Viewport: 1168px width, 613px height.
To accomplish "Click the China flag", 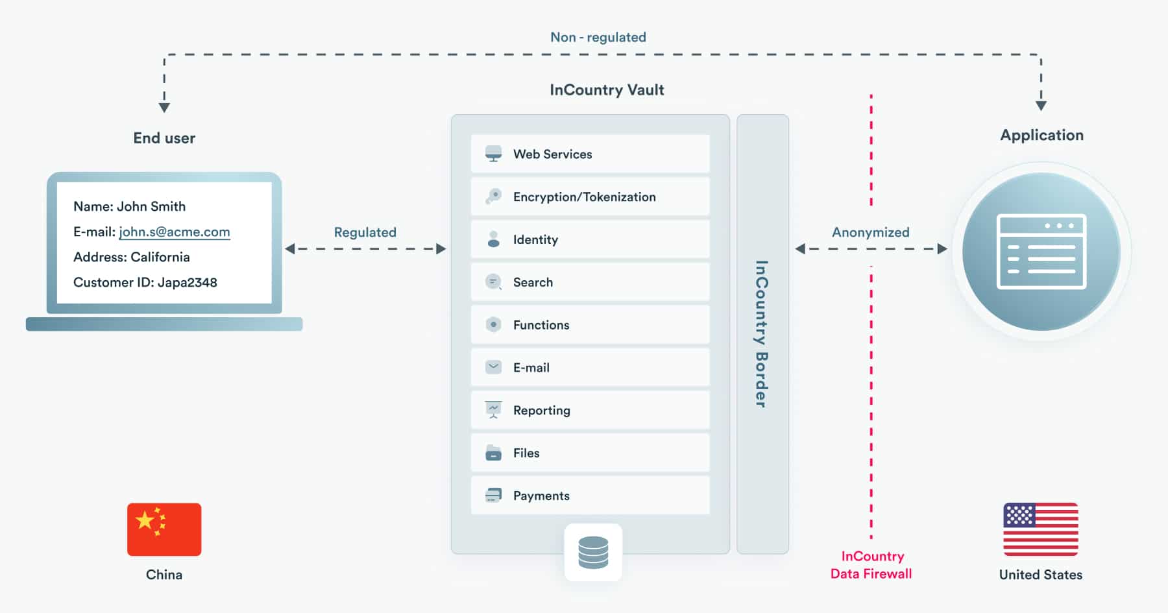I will pyautogui.click(x=164, y=529).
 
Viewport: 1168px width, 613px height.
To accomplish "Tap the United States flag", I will pyautogui.click(x=1041, y=529).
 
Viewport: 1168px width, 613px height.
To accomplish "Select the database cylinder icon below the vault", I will pyautogui.click(x=593, y=553).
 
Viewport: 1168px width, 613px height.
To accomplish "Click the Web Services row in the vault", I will pyautogui.click(x=590, y=154).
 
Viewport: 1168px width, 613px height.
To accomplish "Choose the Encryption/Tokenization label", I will pyautogui.click(x=584, y=197).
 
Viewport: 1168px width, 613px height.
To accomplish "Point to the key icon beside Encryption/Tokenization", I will pyautogui.click(x=494, y=197).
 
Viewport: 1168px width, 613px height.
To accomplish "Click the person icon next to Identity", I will pyautogui.click(x=494, y=239).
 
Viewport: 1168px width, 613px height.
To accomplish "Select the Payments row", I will pyautogui.click(x=590, y=496).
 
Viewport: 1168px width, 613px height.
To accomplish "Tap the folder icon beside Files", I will pyautogui.click(x=494, y=453).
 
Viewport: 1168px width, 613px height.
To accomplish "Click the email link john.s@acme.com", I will pyautogui.click(x=175, y=232).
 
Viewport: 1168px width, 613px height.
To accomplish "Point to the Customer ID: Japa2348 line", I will pyautogui.click(x=145, y=282).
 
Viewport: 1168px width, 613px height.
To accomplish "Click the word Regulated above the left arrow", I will pyautogui.click(x=365, y=232).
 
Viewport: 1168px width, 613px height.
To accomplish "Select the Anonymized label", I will pyautogui.click(x=871, y=232).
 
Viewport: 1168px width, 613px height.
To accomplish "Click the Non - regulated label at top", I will pyautogui.click(x=598, y=38).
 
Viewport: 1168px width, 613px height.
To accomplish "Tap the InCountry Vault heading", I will pyautogui.click(x=607, y=90).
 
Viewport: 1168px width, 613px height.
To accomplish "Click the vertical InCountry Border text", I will pyautogui.click(x=762, y=334).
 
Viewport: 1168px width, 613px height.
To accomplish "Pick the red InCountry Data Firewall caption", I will pyautogui.click(x=871, y=565).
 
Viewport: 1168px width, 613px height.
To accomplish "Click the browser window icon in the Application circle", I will pyautogui.click(x=1041, y=252).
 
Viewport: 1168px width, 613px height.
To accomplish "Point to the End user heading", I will pyautogui.click(x=164, y=138).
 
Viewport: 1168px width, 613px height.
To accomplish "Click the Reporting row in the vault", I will pyautogui.click(x=590, y=410).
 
